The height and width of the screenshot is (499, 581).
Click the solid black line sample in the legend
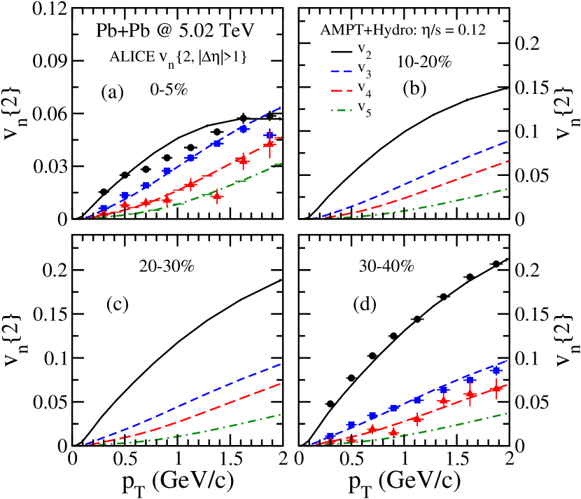pos(341,52)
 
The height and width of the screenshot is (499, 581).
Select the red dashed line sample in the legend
pos(341,91)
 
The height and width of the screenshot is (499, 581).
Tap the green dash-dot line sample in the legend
pos(341,110)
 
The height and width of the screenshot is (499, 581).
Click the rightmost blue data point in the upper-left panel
pos(269,135)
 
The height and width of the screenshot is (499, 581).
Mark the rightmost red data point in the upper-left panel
pos(269,145)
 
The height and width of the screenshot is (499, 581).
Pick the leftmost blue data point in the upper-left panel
pos(104,209)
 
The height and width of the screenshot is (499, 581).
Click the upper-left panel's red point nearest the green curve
pos(217,196)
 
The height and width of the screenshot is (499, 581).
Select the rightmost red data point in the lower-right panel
pos(496,388)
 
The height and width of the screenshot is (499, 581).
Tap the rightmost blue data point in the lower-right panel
pos(496,370)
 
